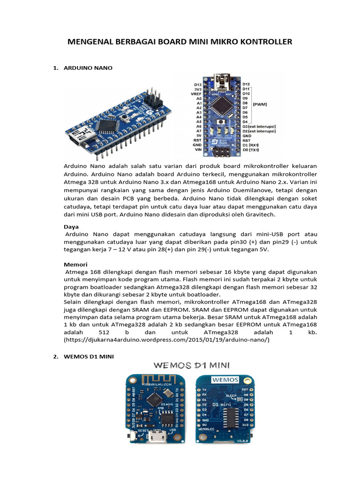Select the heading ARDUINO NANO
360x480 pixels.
point(88,68)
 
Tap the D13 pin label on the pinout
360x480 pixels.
point(198,84)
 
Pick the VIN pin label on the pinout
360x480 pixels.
point(198,150)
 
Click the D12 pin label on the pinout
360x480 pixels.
point(247,84)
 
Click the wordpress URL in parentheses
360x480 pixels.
point(167,339)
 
